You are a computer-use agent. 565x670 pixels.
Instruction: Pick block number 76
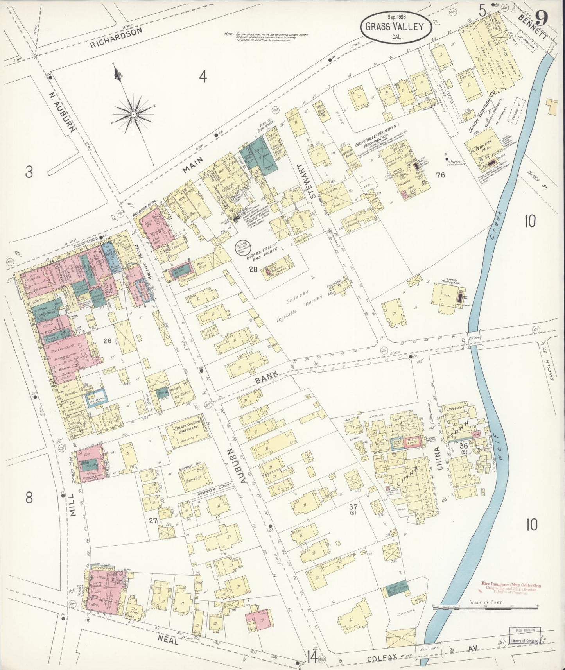click(x=441, y=176)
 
